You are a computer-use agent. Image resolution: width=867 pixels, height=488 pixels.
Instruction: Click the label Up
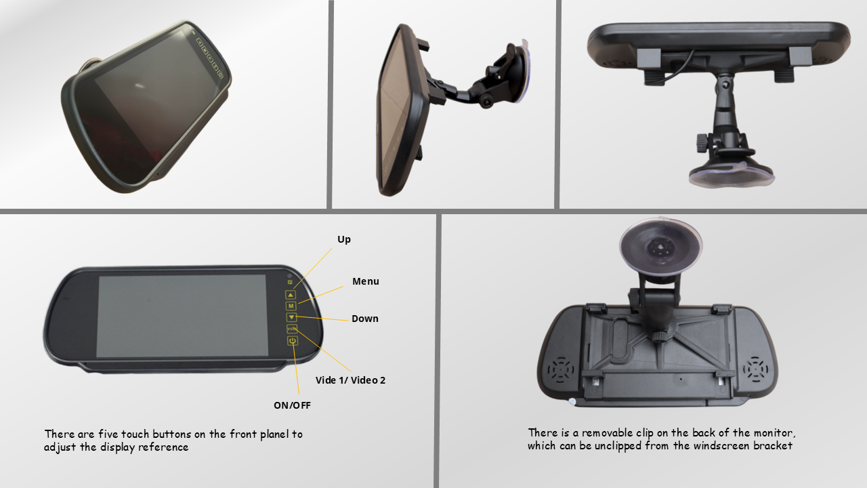click(x=343, y=239)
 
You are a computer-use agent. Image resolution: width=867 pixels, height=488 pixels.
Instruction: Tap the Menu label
click(x=365, y=281)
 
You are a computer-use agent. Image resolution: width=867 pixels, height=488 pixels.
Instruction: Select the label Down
click(x=364, y=319)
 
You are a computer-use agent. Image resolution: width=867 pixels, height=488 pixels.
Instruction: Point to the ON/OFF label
click(x=292, y=405)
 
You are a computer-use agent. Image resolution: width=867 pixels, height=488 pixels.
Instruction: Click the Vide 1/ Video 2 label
click(x=350, y=380)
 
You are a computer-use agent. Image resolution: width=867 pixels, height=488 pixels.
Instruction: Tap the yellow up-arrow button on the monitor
click(x=291, y=295)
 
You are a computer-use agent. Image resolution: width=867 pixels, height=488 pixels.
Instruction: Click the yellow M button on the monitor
click(x=291, y=306)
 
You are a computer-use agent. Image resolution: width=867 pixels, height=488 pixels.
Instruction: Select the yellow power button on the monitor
click(x=293, y=341)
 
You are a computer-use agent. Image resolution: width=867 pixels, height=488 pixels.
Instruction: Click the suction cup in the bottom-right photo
click(x=660, y=246)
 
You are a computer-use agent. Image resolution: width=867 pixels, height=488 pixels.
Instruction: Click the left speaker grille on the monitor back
click(x=561, y=370)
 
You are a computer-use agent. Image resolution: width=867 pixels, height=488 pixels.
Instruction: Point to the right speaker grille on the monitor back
click(x=755, y=369)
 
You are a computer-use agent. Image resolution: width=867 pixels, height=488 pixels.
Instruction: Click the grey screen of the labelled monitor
click(x=182, y=316)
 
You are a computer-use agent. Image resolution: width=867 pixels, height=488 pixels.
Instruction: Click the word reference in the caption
click(x=163, y=447)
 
